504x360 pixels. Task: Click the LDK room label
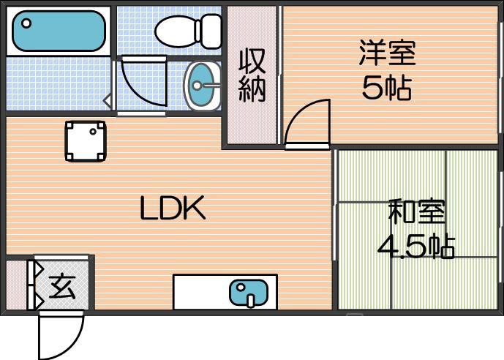[173, 210]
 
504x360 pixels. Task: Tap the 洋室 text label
[387, 53]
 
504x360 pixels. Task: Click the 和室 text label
[415, 212]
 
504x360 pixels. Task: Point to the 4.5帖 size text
[415, 246]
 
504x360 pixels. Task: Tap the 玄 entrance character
[62, 286]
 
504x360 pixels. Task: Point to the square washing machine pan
[86, 140]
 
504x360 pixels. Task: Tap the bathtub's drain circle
[26, 23]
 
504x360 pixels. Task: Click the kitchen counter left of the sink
[200, 293]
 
